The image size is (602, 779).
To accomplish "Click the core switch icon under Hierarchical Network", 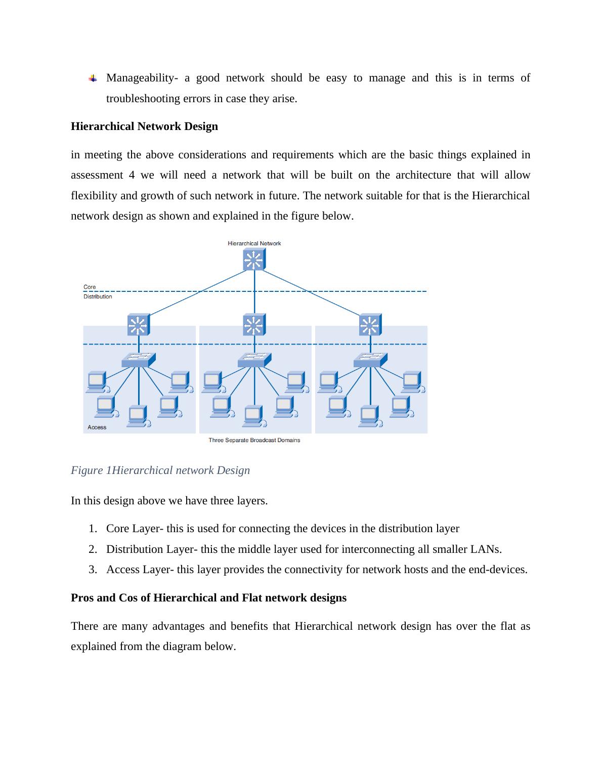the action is pyautogui.click(x=254, y=259).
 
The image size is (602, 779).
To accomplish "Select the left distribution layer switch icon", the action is pyautogui.click(x=139, y=324).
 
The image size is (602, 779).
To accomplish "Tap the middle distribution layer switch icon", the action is pyautogui.click(x=254, y=324).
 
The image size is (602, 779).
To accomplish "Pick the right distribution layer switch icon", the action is pyautogui.click(x=370, y=324).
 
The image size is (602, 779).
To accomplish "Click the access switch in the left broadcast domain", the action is pyautogui.click(x=139, y=360).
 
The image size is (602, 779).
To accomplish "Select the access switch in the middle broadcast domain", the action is pyautogui.click(x=254, y=360).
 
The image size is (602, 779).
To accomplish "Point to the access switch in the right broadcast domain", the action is pyautogui.click(x=370, y=360).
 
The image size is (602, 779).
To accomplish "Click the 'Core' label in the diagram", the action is pyautogui.click(x=90, y=287).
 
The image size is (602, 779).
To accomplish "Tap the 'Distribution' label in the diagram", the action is pyautogui.click(x=98, y=296).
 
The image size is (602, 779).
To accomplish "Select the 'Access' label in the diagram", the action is pyautogui.click(x=97, y=427).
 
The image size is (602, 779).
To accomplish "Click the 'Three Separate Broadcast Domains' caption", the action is pyautogui.click(x=254, y=440).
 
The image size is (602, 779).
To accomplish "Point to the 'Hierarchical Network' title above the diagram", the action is pyautogui.click(x=254, y=243).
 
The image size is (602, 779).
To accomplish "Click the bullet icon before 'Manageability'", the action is pyautogui.click(x=93, y=78).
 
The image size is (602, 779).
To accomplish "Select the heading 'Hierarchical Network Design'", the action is pyautogui.click(x=144, y=126).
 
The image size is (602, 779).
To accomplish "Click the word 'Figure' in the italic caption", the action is pyautogui.click(x=87, y=470).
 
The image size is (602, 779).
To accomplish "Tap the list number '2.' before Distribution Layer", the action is pyautogui.click(x=93, y=549).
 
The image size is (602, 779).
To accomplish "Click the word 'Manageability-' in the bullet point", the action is pyautogui.click(x=142, y=78).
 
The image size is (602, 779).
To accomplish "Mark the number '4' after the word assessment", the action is pyautogui.click(x=132, y=175).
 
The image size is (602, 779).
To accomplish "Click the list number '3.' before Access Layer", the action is pyautogui.click(x=93, y=570).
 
